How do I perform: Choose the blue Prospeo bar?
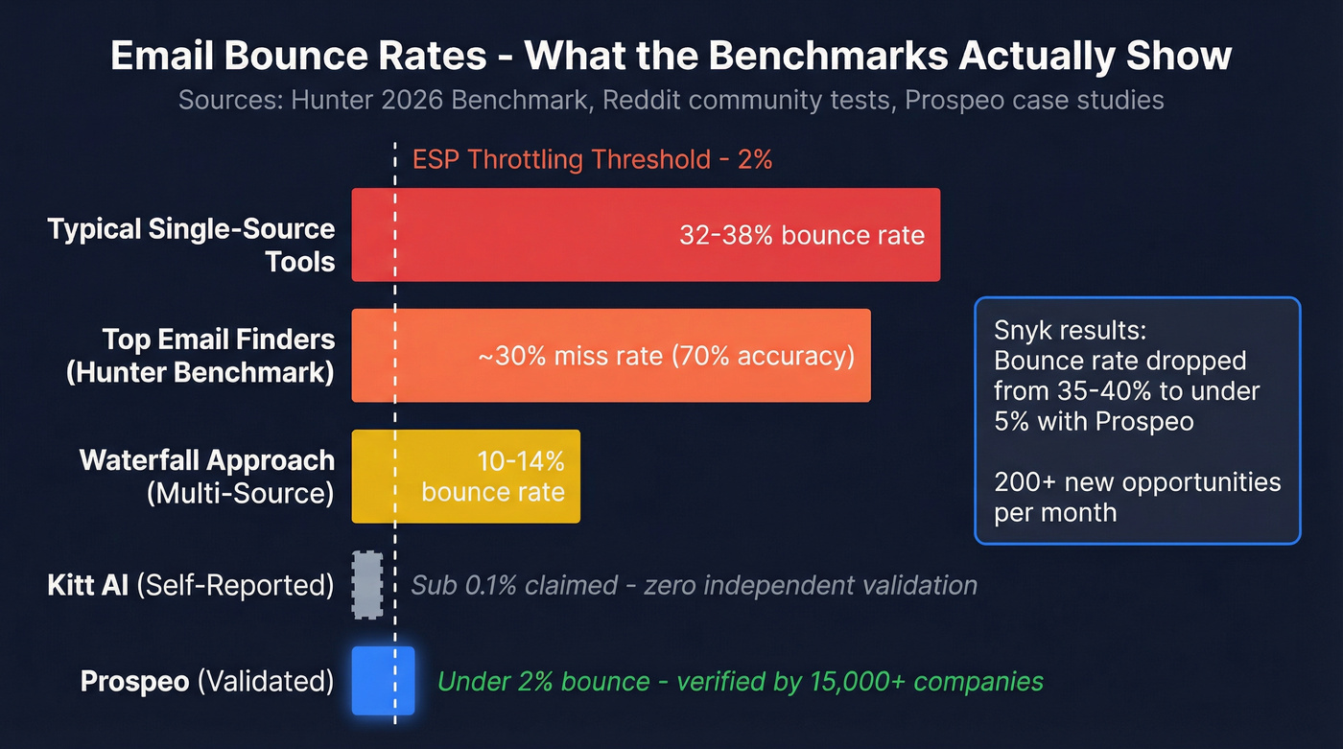[383, 681]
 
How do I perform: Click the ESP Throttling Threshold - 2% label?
[592, 159]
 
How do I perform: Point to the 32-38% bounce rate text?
[802, 235]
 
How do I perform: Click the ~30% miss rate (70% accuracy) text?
[666, 357]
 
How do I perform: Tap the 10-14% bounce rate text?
[493, 477]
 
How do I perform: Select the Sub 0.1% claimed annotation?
[694, 585]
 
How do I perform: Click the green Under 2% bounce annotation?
[740, 682]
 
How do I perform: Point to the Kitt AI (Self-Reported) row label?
[191, 585]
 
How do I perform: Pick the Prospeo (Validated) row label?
[207, 682]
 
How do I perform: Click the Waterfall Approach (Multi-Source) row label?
[207, 477]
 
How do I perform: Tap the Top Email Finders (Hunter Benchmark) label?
[200, 356]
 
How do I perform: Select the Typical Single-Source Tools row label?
[192, 245]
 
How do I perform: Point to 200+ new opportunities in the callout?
[1137, 481]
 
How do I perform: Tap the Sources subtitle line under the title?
[671, 100]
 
